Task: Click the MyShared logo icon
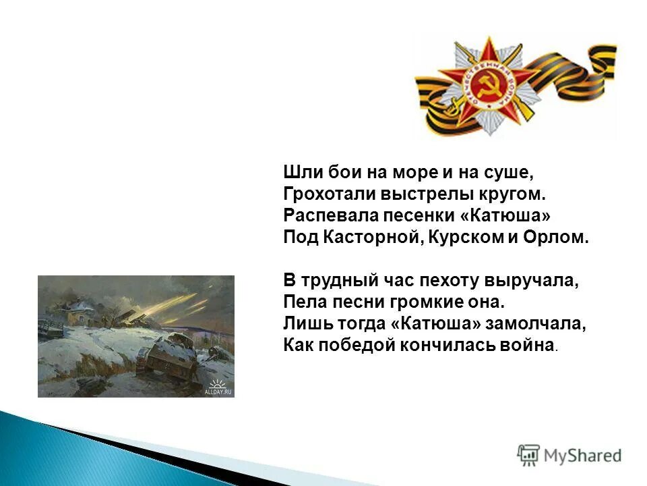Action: tap(528, 456)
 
